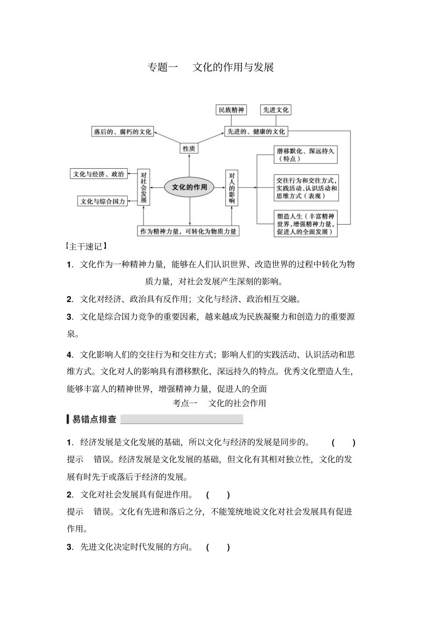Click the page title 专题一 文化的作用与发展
pos(210,67)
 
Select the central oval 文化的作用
pos(189,187)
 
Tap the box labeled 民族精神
pos(231,110)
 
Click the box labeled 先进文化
pos(276,110)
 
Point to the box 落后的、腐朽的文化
pos(123,132)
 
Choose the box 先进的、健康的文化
pos(256,132)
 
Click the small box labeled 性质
pos(189,149)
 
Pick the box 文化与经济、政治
pos(98,174)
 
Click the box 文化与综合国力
pos(103,201)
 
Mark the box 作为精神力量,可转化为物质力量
pos(188,231)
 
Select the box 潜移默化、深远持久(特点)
pos(305,155)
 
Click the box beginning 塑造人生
pos(305,224)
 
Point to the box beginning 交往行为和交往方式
pos(306,188)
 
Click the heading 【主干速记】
pos(87,246)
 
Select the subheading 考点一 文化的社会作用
pos(219,403)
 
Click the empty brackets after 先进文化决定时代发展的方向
pos(218,547)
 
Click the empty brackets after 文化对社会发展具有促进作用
pos(218,495)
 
